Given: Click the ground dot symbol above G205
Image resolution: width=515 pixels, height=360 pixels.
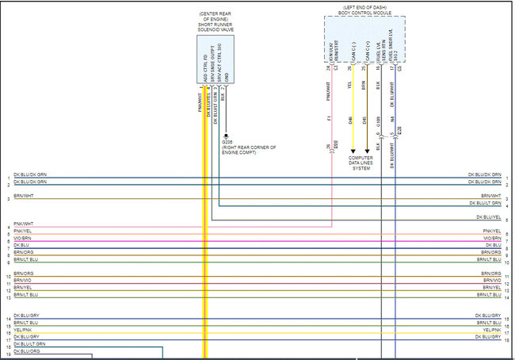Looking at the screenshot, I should click(x=226, y=134).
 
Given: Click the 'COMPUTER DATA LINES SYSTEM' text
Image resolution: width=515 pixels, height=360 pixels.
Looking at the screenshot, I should click(x=360, y=163).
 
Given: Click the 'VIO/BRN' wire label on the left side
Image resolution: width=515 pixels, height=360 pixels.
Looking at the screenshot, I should click(x=23, y=238).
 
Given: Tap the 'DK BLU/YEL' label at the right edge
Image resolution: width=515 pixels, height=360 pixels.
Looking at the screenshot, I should click(x=488, y=216).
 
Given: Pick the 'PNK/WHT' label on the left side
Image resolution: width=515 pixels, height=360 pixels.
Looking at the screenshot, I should click(x=23, y=224).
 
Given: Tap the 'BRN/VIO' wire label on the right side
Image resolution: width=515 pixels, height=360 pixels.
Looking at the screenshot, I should click(x=492, y=280).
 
